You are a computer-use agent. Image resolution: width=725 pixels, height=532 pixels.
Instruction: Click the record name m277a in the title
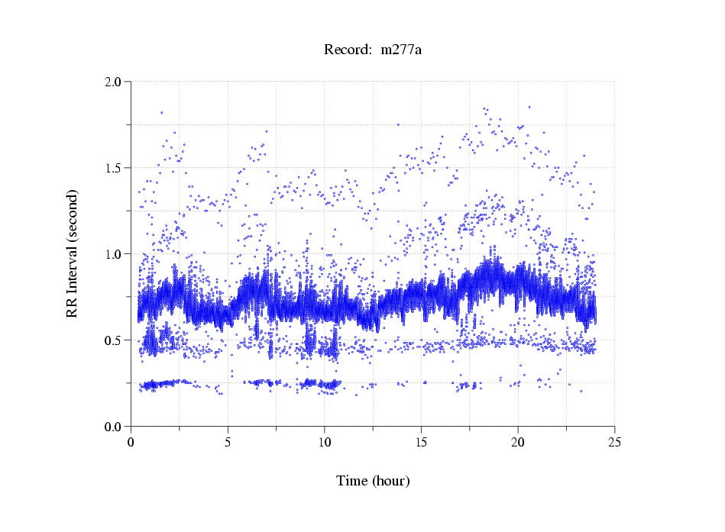401,50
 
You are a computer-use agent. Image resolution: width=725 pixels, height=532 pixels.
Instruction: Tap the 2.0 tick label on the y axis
112,82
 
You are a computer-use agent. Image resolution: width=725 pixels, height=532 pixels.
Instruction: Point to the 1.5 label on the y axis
112,168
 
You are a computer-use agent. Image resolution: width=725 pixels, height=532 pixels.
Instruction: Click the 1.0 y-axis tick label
112,254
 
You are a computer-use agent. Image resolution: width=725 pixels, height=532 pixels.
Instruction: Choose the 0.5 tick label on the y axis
112,340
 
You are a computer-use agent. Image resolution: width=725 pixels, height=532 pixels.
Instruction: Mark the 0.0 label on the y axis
112,427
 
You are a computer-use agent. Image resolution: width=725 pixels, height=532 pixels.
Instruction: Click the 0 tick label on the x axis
131,442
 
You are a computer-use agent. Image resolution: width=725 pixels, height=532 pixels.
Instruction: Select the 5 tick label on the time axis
228,442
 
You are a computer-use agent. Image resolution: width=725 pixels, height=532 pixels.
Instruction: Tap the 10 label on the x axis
325,442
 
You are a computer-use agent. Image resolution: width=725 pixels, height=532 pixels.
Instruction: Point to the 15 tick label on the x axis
421,442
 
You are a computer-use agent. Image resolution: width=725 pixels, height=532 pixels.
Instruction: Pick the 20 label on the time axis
518,442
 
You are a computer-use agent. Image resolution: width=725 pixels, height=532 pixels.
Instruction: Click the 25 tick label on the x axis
614,442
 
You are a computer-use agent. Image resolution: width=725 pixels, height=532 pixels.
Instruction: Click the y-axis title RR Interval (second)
72,253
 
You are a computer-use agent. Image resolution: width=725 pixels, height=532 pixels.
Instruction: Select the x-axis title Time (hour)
373,481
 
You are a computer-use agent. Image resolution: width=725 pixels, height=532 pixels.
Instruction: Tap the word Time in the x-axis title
353,481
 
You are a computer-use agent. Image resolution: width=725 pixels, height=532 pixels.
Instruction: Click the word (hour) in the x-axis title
390,481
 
